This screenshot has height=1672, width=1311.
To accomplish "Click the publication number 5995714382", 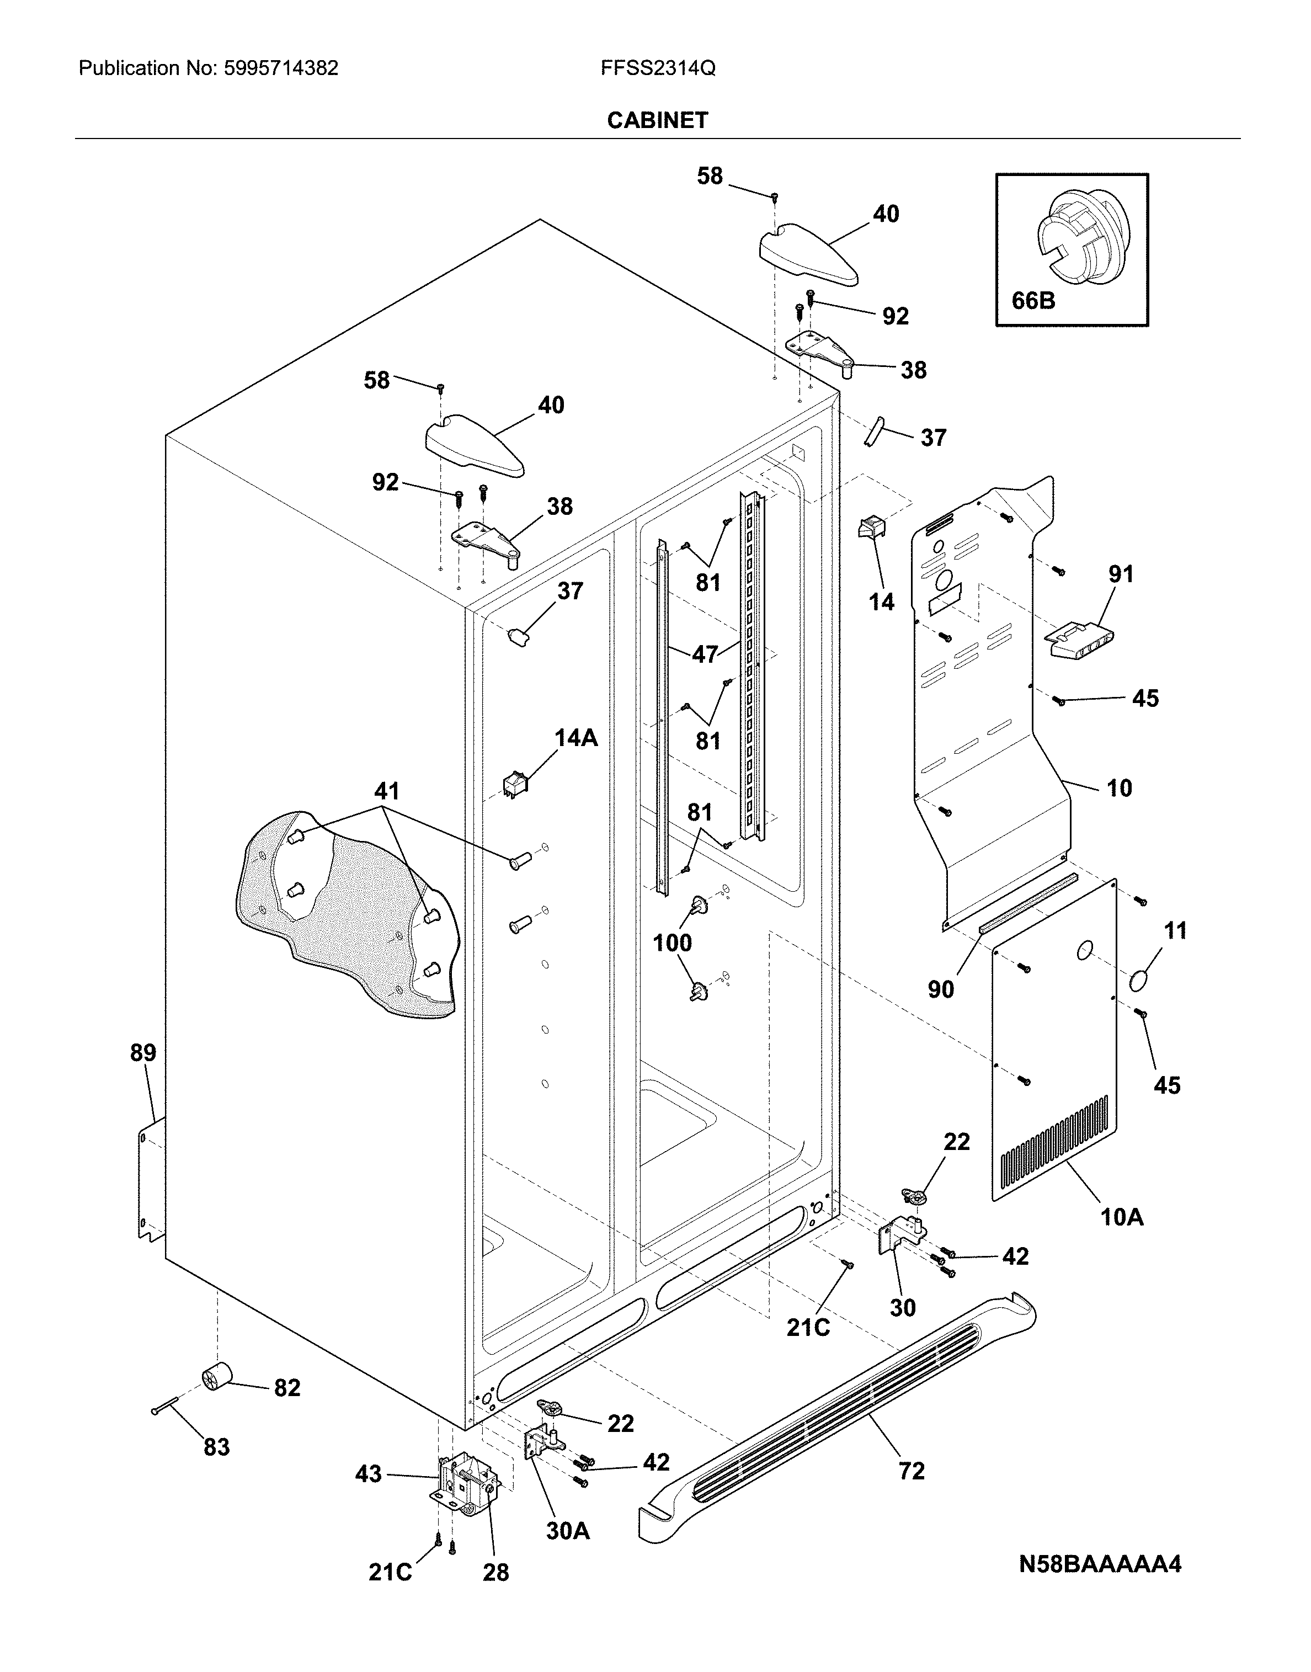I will (x=281, y=68).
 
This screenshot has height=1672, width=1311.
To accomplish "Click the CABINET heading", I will (x=657, y=120).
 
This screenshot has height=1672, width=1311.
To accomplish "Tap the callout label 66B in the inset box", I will (x=1033, y=300).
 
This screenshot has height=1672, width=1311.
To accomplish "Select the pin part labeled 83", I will (x=165, y=1405).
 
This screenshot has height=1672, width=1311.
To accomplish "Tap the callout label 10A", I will (x=1122, y=1217).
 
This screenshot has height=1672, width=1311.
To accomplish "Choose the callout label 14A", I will (x=575, y=738).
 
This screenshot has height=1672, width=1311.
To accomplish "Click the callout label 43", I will (x=369, y=1474).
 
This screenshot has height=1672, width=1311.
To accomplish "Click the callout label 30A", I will (x=567, y=1531).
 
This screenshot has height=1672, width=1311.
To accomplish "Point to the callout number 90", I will (x=940, y=989).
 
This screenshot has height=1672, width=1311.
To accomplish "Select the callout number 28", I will (x=496, y=1573).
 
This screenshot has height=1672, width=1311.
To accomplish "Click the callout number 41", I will (x=387, y=791).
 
